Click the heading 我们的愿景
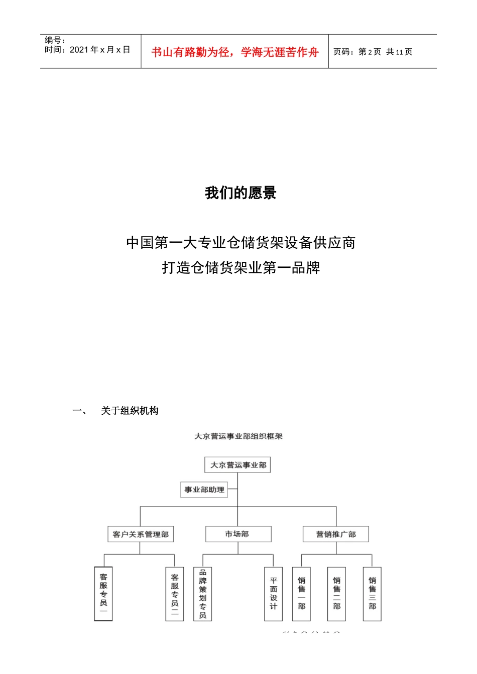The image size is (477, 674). coord(241,193)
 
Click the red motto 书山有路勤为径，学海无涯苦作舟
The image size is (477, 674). coord(235,52)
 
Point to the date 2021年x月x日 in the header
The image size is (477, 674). coord(99,50)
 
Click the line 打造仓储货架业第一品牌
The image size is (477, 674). coord(241,268)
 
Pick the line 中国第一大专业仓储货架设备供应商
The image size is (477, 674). coord(241,243)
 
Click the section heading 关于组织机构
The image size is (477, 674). coord(130,411)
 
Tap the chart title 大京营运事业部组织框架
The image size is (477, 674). coord(238,436)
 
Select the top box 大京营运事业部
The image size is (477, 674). coord(238,465)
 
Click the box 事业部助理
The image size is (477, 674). coord(204,489)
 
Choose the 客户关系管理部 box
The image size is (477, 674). coord(141,534)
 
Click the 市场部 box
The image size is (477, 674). coord(238,534)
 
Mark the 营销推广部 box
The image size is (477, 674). coord(335,534)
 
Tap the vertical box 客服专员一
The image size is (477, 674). coord(103,594)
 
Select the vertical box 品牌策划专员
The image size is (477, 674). coord(203,594)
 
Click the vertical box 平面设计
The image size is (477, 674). coord(274,594)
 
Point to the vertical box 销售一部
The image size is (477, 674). coord(301,594)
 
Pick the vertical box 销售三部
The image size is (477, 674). coord(372,594)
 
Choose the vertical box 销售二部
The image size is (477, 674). coord(336,594)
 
